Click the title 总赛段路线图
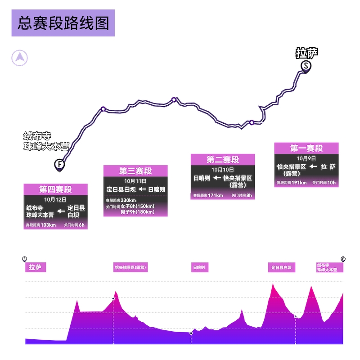63,24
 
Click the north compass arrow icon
19,58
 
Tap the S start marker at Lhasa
306,66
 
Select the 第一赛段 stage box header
307,148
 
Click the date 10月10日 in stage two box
223,170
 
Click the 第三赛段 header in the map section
135,171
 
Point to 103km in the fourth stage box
47,225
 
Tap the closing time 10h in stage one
332,183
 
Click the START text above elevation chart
37,259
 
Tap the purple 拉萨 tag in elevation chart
35,267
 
